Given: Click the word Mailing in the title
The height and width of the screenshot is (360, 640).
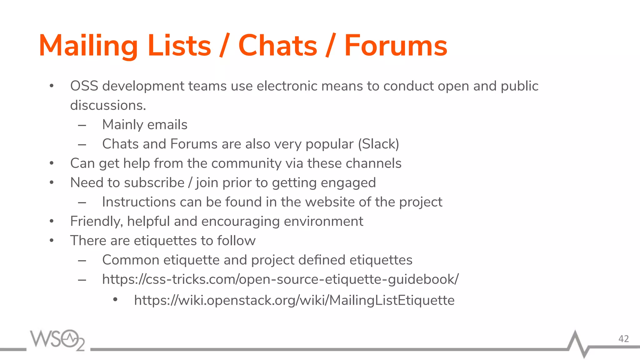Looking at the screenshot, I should coord(88,46).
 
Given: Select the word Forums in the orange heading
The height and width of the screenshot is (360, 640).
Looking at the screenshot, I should coord(396,46).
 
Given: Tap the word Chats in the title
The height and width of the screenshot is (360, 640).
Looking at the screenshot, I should coord(277,46).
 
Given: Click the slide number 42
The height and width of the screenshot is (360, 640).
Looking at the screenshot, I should coord(623,339).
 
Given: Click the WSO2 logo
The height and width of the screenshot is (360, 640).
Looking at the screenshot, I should coord(57,340).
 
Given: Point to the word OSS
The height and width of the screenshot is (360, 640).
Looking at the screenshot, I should coord(84,86).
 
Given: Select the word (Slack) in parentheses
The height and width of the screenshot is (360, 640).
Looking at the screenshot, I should coord(378,144).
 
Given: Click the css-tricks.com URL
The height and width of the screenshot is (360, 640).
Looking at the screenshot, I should coord(280,279).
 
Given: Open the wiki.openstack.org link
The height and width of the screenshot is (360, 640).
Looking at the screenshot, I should coord(294,300).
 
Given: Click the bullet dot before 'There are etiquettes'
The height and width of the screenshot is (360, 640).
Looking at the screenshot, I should coord(52,241).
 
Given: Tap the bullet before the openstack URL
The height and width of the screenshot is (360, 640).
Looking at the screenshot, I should coord(115,300).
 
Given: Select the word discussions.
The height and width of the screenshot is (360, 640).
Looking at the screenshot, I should coord(108,106).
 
